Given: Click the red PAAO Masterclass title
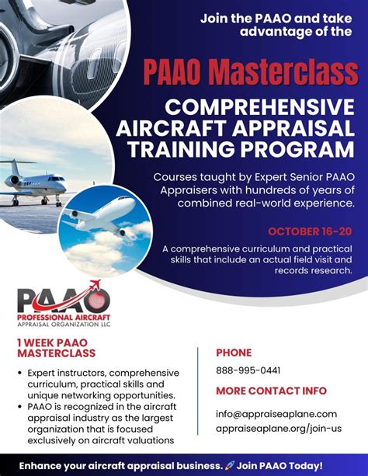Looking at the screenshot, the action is [251, 73].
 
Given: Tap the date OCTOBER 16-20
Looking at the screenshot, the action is [310, 231].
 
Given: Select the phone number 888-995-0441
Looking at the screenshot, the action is [248, 370].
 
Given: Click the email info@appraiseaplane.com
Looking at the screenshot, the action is [276, 414].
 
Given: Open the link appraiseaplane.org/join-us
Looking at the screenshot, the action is [279, 429].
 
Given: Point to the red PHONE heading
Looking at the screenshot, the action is [234, 353].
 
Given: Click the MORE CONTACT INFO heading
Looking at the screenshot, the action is [271, 391].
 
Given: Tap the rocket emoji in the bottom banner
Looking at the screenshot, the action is [230, 465].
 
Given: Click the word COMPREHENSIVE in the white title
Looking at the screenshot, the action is [259, 107].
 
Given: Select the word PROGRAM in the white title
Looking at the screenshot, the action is [298, 149].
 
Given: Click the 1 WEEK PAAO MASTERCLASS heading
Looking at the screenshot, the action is [57, 348].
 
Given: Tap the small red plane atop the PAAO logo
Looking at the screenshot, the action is [95, 284].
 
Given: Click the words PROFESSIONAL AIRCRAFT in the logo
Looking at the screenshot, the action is [64, 318].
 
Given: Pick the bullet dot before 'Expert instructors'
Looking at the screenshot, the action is [20, 373].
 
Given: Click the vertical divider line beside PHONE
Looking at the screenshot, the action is [198, 391].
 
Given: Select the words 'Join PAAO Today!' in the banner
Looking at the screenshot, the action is [279, 465].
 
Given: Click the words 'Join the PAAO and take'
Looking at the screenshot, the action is [276, 19].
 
